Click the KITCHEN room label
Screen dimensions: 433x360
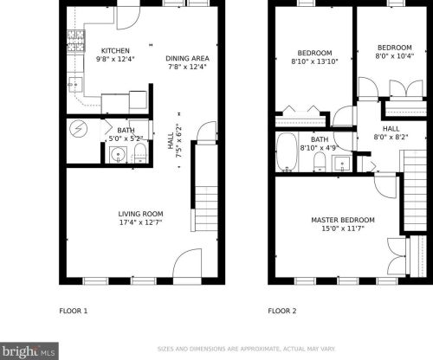tap(115, 51)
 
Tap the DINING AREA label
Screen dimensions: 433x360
tap(187, 59)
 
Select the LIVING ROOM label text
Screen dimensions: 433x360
tap(140, 214)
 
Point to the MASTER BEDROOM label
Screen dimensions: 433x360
tap(343, 220)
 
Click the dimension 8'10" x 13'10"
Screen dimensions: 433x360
tap(314, 61)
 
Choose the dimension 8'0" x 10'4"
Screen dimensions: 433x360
tap(395, 56)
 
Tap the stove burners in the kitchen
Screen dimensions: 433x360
tap(76, 41)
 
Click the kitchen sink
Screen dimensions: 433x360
tap(75, 85)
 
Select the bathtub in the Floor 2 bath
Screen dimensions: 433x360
tap(287, 152)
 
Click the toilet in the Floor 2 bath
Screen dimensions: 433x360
tap(320, 162)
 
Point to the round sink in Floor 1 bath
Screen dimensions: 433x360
tap(118, 155)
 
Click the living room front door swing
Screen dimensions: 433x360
tap(187, 262)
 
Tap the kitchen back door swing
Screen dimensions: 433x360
tap(128, 18)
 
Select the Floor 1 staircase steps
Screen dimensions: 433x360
tap(206, 209)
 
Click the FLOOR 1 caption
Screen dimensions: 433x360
tap(74, 311)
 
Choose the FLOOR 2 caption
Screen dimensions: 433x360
tap(282, 311)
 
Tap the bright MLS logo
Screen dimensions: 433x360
tap(29, 351)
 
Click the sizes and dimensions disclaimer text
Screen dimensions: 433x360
tap(247, 349)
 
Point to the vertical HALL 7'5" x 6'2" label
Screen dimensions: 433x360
tap(175, 141)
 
